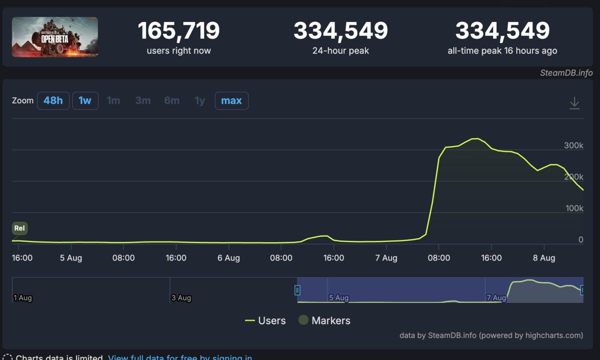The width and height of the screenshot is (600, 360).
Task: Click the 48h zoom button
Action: pyautogui.click(x=53, y=100)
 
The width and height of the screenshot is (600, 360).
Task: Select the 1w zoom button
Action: pyautogui.click(x=85, y=100)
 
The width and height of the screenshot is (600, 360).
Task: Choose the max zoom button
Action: pyautogui.click(x=231, y=100)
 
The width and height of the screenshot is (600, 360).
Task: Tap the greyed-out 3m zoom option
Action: pyautogui.click(x=142, y=100)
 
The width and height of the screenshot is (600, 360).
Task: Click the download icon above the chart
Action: pyautogui.click(x=574, y=103)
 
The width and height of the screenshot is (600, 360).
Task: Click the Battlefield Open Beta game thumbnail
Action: pyautogui.click(x=55, y=37)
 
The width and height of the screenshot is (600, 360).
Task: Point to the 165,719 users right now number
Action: pyautogui.click(x=178, y=31)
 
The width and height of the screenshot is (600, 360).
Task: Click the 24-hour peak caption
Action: pyautogui.click(x=340, y=50)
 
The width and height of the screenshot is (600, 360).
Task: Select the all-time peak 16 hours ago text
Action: pyautogui.click(x=502, y=50)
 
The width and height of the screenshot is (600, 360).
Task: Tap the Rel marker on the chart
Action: pyautogui.click(x=19, y=228)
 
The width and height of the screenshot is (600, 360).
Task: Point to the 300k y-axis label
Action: pyautogui.click(x=573, y=145)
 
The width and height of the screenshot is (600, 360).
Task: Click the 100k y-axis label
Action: pyautogui.click(x=574, y=208)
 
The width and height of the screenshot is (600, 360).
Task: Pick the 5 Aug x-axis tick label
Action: pyautogui.click(x=71, y=258)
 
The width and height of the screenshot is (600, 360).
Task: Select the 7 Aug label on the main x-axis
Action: pyautogui.click(x=386, y=258)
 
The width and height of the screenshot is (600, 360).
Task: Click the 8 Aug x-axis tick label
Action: pyautogui.click(x=544, y=258)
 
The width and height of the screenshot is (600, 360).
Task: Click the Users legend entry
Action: pyautogui.click(x=265, y=320)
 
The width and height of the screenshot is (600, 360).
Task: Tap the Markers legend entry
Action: pyautogui.click(x=324, y=320)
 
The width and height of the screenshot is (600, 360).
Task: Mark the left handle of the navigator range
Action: pyautogui.click(x=297, y=290)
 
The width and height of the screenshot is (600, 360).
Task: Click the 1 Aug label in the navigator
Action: pyautogui.click(x=22, y=298)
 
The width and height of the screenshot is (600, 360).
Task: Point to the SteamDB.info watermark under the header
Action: pyautogui.click(x=566, y=72)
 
